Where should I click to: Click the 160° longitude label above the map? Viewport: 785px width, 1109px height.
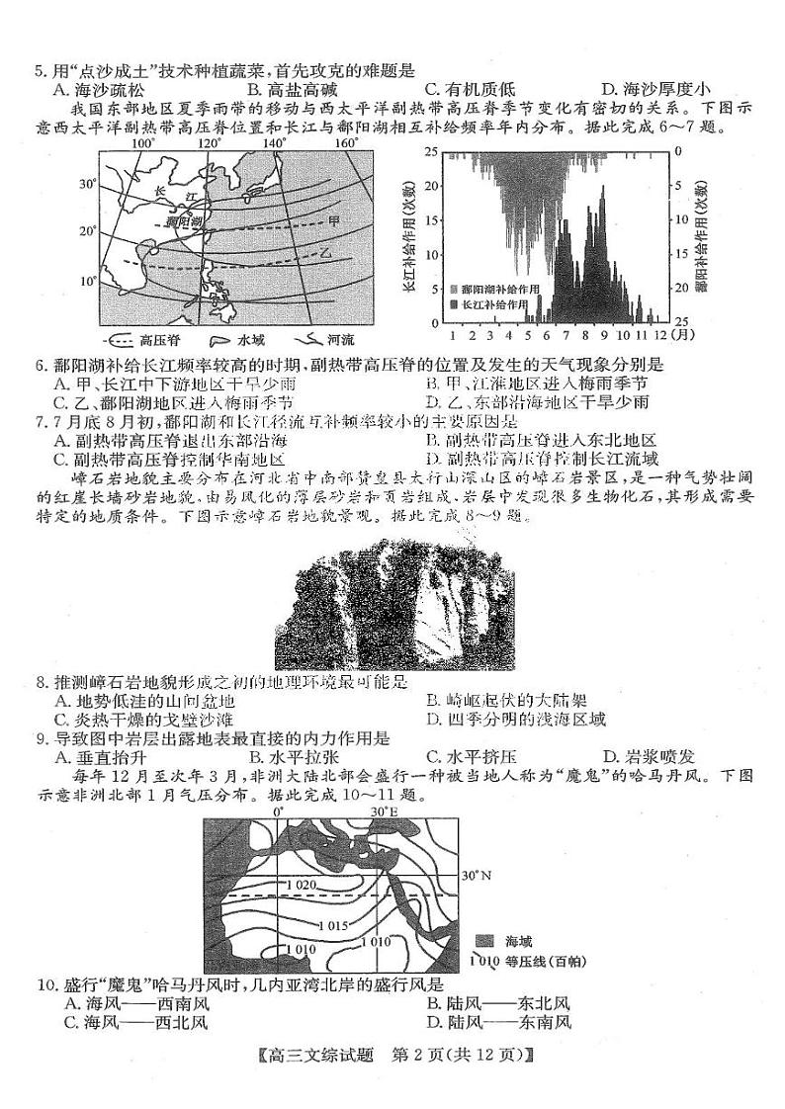click(345, 142)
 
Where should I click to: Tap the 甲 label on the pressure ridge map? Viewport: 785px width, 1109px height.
click(333, 219)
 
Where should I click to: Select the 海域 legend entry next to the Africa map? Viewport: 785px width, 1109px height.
click(504, 942)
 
